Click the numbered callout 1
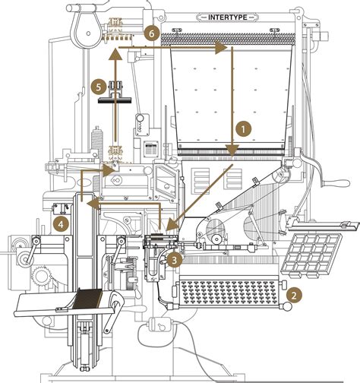coord(242,129)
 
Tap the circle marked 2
coord(292,292)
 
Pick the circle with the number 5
coord(96,87)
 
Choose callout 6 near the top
coord(151,33)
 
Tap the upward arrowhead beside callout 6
coord(114,54)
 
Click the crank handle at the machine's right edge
coord(336,182)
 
